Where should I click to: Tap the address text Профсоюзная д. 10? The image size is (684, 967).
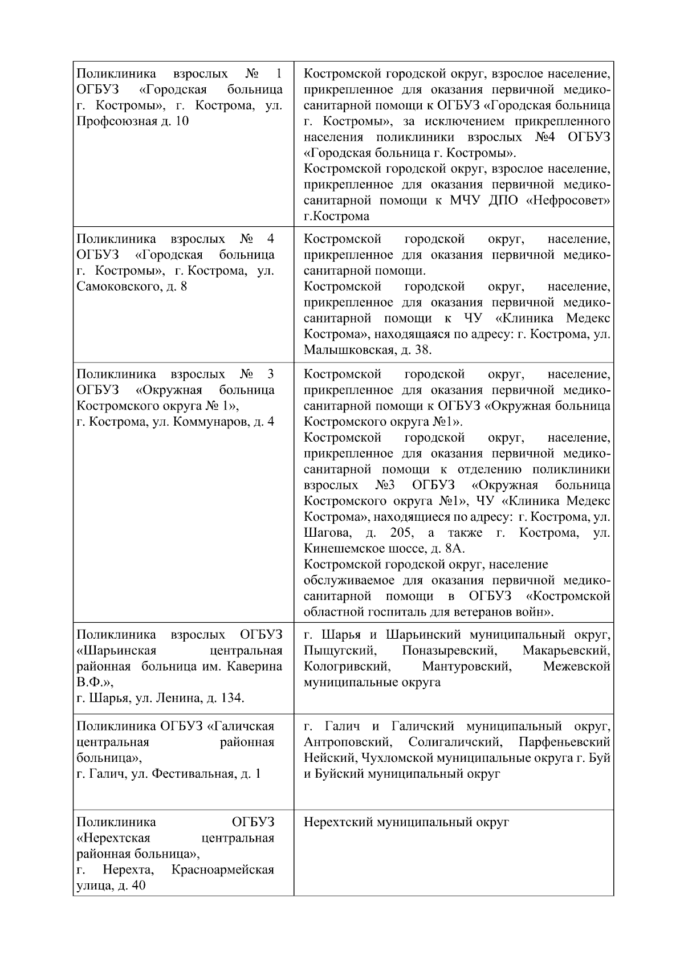pyautogui.click(x=132, y=121)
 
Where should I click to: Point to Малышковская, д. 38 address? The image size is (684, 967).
pyautogui.click(x=367, y=350)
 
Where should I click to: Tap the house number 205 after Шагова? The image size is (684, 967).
pyautogui.click(x=401, y=533)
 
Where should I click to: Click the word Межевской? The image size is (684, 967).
pyautogui.click(x=576, y=667)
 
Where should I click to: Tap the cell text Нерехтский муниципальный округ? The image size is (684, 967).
pyautogui.click(x=406, y=822)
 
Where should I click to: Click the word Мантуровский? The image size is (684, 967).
pyautogui.click(x=466, y=667)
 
